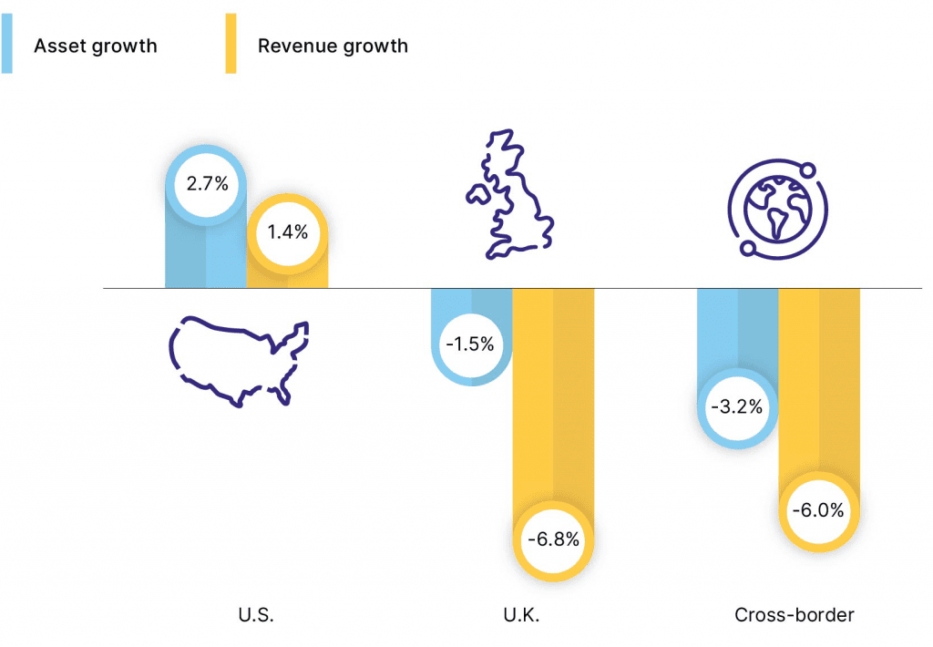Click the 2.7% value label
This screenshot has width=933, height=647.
coord(206,184)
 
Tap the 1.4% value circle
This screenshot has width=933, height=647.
coord(287,231)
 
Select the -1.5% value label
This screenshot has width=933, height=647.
coord(469,344)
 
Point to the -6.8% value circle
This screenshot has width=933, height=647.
coord(553,539)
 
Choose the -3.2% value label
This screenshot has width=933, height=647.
coord(737,407)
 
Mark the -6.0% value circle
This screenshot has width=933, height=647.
coord(818,510)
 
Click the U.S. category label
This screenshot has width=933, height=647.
coord(255,615)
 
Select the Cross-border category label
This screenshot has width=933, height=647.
coord(795,615)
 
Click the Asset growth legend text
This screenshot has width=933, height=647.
coord(96,46)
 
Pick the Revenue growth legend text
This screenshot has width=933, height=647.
coord(333,46)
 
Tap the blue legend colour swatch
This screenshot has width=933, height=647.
coord(7,44)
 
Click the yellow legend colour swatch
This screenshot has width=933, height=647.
coord(231,44)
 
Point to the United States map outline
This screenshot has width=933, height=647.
coord(239,359)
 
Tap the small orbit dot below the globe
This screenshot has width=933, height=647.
coord(745,246)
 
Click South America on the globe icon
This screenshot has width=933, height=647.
coord(778,221)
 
